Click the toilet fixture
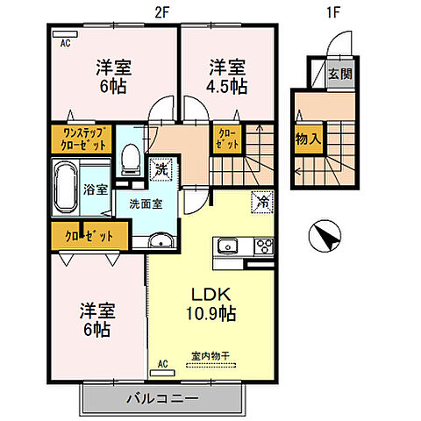131,160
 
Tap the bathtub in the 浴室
67,187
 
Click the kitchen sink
228,246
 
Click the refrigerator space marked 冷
262,202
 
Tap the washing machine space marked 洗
161,169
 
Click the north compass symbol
325,236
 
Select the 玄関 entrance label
340,74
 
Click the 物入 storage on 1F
308,139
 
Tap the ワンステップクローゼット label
82,139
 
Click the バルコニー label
162,398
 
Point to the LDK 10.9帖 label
211,304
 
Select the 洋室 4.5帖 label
227,76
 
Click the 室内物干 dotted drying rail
211,365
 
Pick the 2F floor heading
162,12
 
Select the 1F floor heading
332,12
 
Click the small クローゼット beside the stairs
227,139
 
